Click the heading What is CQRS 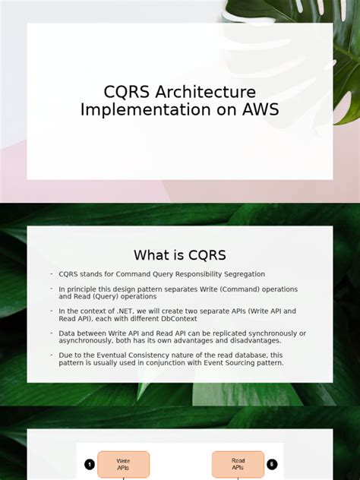click(180, 255)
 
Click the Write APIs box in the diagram click(124, 464)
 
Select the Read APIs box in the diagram click(238, 464)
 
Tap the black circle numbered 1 click(90, 464)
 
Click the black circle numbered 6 click(272, 464)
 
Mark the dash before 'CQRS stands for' click(52, 273)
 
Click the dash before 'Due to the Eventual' click(52, 355)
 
